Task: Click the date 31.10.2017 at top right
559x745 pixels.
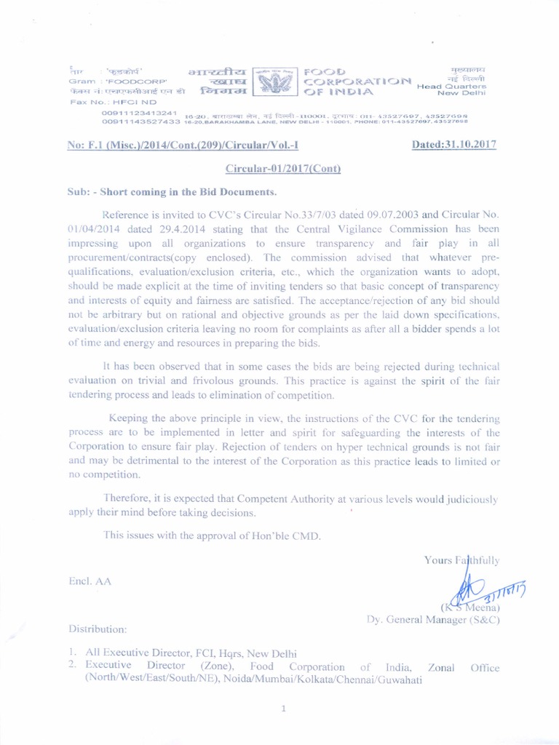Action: pyautogui.click(x=453, y=144)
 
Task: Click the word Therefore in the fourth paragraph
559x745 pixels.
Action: pyautogui.click(x=129, y=499)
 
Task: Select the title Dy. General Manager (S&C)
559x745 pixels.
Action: pyautogui.click(x=432, y=620)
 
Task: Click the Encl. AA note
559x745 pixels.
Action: pyautogui.click(x=90, y=581)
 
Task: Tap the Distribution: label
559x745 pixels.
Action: pyautogui.click(x=98, y=627)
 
